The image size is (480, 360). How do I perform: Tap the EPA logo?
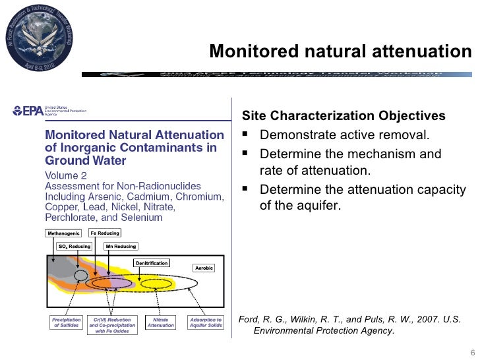[24, 111]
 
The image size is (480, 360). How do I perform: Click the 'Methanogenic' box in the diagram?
[64, 233]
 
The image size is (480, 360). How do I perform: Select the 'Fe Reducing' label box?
[105, 233]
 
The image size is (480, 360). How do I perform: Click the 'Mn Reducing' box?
[121, 247]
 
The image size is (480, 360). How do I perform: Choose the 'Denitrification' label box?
[152, 262]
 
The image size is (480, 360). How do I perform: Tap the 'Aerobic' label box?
[204, 268]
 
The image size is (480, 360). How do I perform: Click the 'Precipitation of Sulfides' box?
[65, 322]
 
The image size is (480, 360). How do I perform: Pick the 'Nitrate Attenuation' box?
[160, 322]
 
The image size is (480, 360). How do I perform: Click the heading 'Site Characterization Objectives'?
[344, 117]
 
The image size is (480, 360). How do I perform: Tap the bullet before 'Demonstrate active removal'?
[247, 136]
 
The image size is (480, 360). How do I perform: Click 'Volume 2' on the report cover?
[67, 175]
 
